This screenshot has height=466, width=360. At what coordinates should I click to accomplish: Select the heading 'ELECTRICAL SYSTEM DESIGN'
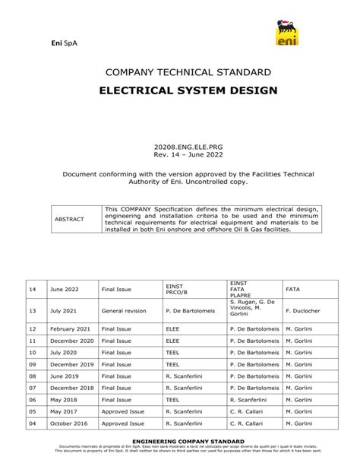(179, 90)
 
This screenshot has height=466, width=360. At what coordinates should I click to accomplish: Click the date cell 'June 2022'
(65, 289)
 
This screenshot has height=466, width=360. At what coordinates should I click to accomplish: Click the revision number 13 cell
(33, 310)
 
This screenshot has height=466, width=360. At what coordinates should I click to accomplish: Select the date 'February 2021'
(71, 328)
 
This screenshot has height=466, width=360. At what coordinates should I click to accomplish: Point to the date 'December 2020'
(73, 341)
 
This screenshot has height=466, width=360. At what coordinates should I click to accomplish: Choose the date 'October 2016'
(70, 423)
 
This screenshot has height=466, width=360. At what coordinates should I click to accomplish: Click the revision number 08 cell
(33, 376)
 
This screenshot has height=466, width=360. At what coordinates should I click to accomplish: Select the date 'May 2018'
(65, 399)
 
